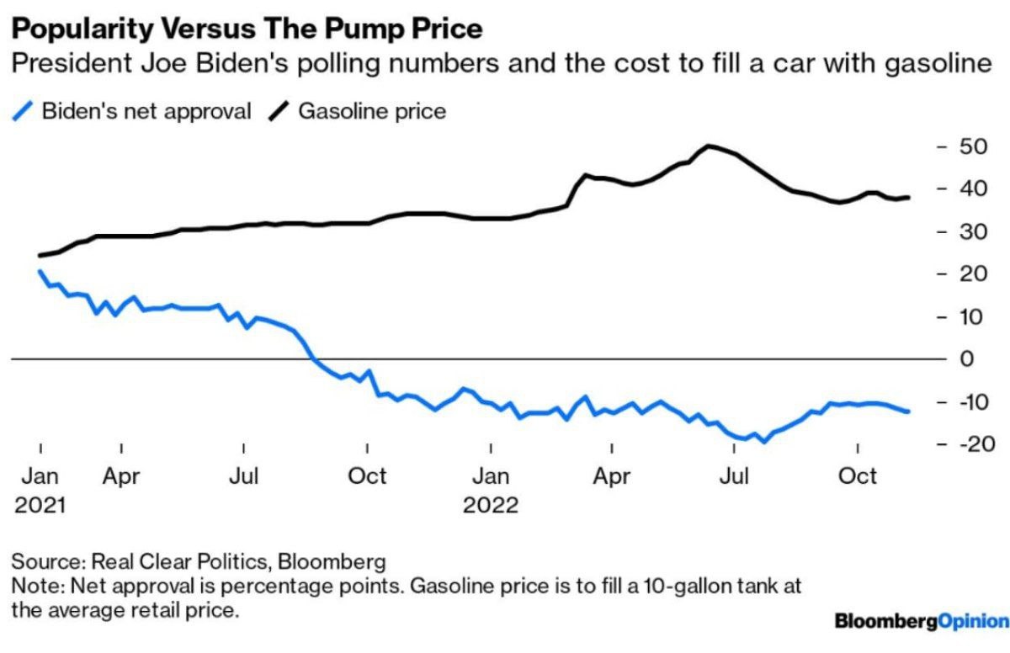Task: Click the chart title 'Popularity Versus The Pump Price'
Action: pyautogui.click(x=247, y=29)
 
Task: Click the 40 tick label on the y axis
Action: pyautogui.click(x=973, y=189)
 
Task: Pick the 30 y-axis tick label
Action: pyautogui.click(x=973, y=231)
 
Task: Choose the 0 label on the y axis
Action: pyautogui.click(x=968, y=359)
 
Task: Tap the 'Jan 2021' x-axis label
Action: pyautogui.click(x=40, y=490)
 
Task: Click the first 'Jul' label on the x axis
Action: pyautogui.click(x=244, y=476)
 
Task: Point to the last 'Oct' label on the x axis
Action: pyautogui.click(x=858, y=476)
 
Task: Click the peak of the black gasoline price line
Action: pyautogui.click(x=708, y=146)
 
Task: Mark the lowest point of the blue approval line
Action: pyautogui.click(x=764, y=441)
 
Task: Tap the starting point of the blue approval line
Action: pyautogui.click(x=40, y=271)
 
